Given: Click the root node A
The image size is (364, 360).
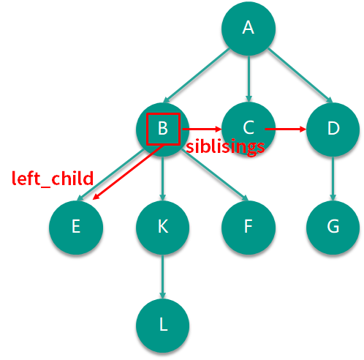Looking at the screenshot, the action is point(249,29).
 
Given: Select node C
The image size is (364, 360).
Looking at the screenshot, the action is point(249,129).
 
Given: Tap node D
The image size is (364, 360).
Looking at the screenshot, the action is point(333,130).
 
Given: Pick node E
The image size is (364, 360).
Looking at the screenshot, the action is point(76,228).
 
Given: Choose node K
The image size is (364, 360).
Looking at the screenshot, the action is point(163,228).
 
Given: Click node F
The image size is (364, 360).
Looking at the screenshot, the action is point(249,228).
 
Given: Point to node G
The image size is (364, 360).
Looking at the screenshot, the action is point(333,228).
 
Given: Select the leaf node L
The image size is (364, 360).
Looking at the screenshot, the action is point(163,326).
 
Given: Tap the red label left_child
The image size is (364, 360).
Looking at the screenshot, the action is point(53,179).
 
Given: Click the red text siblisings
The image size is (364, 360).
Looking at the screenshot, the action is point(225,147).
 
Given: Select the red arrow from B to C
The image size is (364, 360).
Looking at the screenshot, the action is point(202,129).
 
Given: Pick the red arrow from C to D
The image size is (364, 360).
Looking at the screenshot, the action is point(285,129).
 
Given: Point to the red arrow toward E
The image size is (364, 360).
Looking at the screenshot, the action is point(128,172).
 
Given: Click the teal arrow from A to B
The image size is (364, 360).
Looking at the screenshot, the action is point(197,75).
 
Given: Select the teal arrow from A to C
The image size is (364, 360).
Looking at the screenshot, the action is point(249,78).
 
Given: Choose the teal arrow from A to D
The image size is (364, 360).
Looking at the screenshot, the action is point(300,75).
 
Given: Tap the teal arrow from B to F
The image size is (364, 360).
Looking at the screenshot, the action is point(215,175).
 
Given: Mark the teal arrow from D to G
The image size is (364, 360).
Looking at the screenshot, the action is point(333,179).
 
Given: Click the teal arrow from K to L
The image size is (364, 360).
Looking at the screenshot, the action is point(163,277).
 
